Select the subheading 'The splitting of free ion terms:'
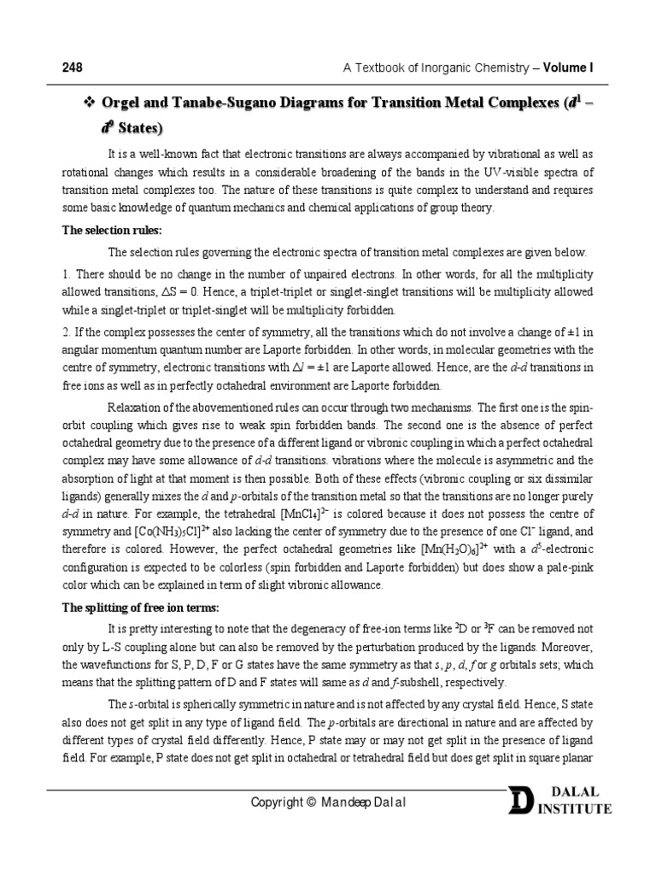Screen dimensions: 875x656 tap(141, 608)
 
